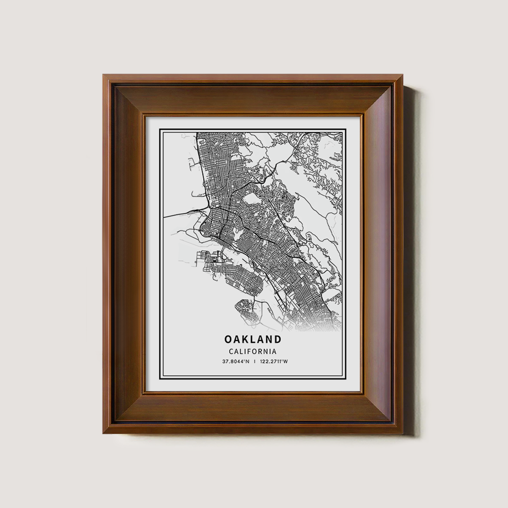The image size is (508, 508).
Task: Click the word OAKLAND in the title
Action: pyautogui.click(x=252, y=339)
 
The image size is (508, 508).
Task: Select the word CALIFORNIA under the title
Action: pyautogui.click(x=252, y=351)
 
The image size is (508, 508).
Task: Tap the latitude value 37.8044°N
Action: pyautogui.click(x=235, y=362)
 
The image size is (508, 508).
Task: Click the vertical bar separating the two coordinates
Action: pyautogui.click(x=255, y=362)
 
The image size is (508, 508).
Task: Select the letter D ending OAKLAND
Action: pyautogui.click(x=277, y=339)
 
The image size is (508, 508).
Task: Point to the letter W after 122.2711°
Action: pyautogui.click(x=285, y=362)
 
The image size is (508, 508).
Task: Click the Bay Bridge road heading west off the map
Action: pyautogui.click(x=175, y=214)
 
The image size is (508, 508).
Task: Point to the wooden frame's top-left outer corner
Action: pyautogui.click(x=103, y=75)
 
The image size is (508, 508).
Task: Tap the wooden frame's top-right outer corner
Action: pyautogui.click(x=403, y=75)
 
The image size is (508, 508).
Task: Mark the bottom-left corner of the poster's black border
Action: pyautogui.click(x=160, y=378)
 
